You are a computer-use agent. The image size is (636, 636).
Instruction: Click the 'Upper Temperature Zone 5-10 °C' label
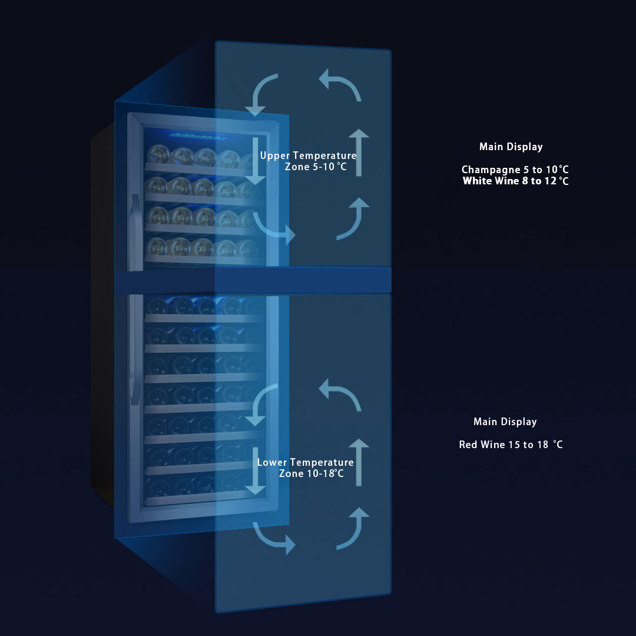[309, 161]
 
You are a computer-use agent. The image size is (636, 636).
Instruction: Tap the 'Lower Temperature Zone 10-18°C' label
[306, 468]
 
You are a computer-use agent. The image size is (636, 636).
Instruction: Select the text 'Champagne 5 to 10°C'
[515, 170]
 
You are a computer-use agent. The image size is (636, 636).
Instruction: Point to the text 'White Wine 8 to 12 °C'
[515, 181]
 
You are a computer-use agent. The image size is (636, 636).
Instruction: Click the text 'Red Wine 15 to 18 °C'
[511, 445]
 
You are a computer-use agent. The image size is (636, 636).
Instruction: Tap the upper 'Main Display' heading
[511, 147]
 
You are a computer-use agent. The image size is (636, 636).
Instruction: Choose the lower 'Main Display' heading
[505, 422]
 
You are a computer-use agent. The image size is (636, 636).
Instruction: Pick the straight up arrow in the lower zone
[359, 462]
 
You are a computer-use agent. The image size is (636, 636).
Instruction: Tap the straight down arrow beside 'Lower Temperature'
[255, 470]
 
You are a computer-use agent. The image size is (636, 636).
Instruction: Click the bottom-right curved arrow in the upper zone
[353, 218]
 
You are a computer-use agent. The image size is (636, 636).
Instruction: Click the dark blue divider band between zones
[253, 280]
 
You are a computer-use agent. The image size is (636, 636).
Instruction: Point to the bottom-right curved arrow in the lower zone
[353, 528]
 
